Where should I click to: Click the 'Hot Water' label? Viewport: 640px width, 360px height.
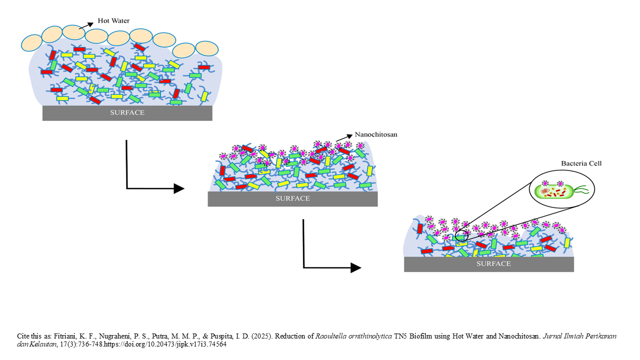pos(113,20)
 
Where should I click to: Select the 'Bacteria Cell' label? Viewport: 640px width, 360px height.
pos(581,163)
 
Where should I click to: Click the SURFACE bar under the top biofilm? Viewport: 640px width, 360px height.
pos(127,113)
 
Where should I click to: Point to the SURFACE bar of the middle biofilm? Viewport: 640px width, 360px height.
pos(292,199)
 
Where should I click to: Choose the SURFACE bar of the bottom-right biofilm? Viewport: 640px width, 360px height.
pos(488,264)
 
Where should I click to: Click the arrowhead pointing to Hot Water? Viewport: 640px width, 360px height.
pos(91,22)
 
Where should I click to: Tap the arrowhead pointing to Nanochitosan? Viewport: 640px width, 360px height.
pos(348,136)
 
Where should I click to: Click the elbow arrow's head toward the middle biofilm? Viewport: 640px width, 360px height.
pos(179,188)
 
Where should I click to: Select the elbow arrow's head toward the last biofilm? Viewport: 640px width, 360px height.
pos(355,267)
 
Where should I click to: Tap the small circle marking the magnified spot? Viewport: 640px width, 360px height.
pos(462,235)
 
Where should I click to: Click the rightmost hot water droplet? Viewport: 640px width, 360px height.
pos(206,48)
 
